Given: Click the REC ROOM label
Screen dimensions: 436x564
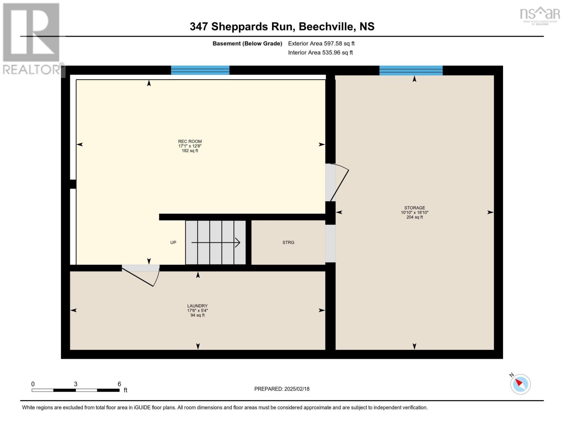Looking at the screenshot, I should pyautogui.click(x=190, y=141).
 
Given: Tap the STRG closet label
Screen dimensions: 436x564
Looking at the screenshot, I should pyautogui.click(x=288, y=242).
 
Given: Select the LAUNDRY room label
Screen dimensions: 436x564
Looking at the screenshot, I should pyautogui.click(x=197, y=306).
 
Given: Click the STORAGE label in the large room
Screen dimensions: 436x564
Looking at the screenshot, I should pyautogui.click(x=414, y=208).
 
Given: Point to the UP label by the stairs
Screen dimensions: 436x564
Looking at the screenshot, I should pyautogui.click(x=173, y=242).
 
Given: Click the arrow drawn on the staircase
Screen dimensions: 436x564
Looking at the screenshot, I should pyautogui.click(x=216, y=242).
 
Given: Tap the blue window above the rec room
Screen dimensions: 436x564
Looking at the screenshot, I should pyautogui.click(x=200, y=70).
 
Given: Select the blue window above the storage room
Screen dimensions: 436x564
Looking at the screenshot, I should pyautogui.click(x=411, y=70).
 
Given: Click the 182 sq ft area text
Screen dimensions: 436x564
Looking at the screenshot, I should pyautogui.click(x=190, y=151).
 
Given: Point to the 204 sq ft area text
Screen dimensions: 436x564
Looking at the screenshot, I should pyautogui.click(x=414, y=217).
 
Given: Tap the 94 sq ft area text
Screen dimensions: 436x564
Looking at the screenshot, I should pyautogui.click(x=197, y=315).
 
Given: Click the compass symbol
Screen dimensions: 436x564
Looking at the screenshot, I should pyautogui.click(x=520, y=384).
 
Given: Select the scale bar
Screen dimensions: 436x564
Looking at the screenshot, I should pyautogui.click(x=76, y=390).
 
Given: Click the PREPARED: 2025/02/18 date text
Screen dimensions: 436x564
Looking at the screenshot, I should pyautogui.click(x=282, y=389).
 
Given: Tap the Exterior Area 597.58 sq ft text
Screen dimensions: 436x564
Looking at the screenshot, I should pyautogui.click(x=321, y=44).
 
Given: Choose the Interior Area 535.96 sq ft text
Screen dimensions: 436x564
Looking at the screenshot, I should pyautogui.click(x=320, y=53).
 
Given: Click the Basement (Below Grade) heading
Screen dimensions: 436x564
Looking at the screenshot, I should pyautogui.click(x=247, y=44).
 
